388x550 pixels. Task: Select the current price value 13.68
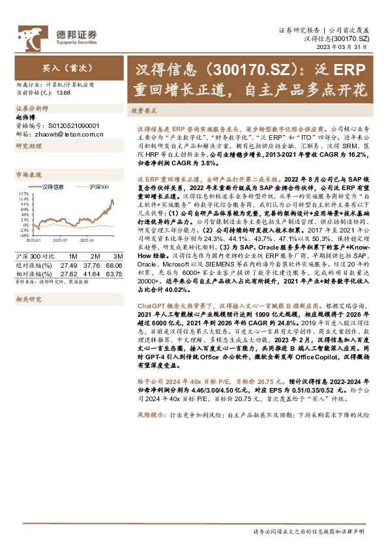click(x=64, y=92)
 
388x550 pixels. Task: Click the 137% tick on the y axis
click(x=25, y=194)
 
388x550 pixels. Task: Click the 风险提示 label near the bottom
click(x=150, y=415)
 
